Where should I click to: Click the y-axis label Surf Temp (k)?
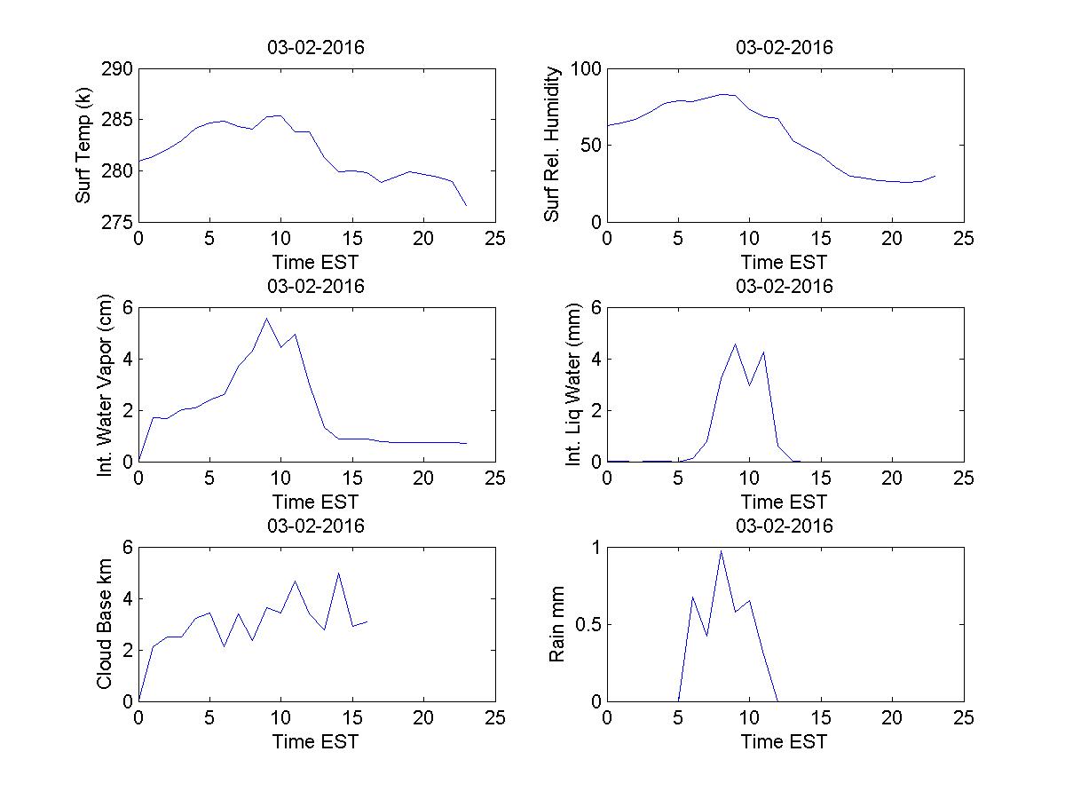coord(83,146)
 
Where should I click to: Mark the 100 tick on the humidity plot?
coord(585,69)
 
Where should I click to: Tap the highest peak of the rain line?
coord(721,551)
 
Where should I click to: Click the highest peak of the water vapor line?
coord(266,318)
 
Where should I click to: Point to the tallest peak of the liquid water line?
coord(735,344)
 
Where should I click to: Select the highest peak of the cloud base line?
coord(338,573)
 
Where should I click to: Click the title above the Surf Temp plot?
coord(316,48)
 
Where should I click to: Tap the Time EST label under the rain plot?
coord(785,741)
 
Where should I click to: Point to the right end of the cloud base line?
coord(367,621)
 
